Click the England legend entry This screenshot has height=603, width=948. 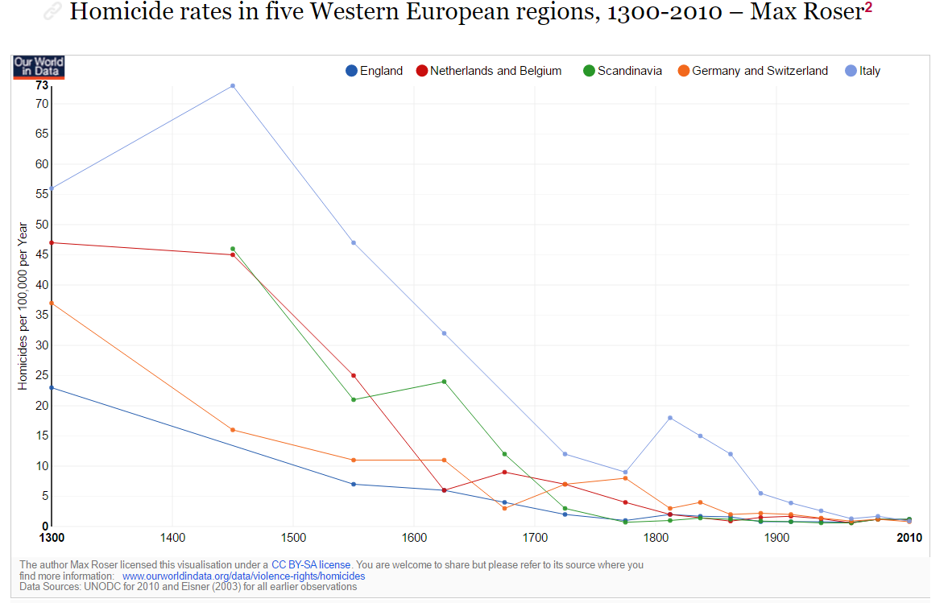click(x=375, y=71)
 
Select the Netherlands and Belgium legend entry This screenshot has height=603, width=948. click(x=489, y=71)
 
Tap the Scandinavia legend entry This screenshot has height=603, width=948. click(x=623, y=71)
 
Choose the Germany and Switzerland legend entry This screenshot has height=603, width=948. click(x=753, y=71)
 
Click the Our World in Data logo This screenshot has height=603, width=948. click(x=39, y=67)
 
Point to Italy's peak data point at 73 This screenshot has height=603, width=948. click(x=233, y=85)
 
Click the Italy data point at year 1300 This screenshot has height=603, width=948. click(x=52, y=188)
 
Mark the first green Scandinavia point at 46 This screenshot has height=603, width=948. click(x=233, y=249)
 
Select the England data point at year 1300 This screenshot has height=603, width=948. click(x=52, y=387)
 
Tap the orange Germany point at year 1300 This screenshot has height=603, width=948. click(x=52, y=303)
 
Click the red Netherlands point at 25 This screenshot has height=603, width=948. click(x=354, y=375)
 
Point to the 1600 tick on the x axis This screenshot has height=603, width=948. click(x=414, y=538)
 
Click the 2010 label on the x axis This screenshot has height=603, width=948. click(x=909, y=538)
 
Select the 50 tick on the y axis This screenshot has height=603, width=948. click(x=42, y=225)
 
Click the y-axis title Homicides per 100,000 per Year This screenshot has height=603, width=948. click(x=23, y=306)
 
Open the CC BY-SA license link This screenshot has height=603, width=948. click(x=311, y=565)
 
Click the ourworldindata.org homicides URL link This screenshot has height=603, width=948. click(x=243, y=576)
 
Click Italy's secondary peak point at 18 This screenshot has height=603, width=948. click(x=670, y=418)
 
